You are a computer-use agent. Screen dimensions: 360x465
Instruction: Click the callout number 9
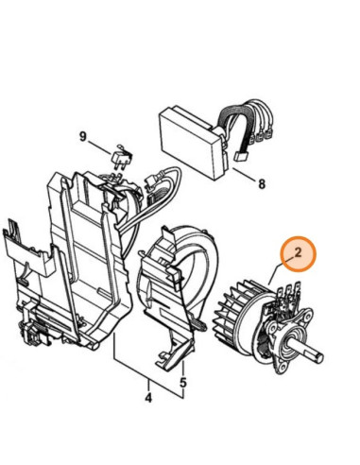[83, 137]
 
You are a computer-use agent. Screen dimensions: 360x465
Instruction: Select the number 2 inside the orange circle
[298, 252]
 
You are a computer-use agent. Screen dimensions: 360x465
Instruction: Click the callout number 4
[148, 398]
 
